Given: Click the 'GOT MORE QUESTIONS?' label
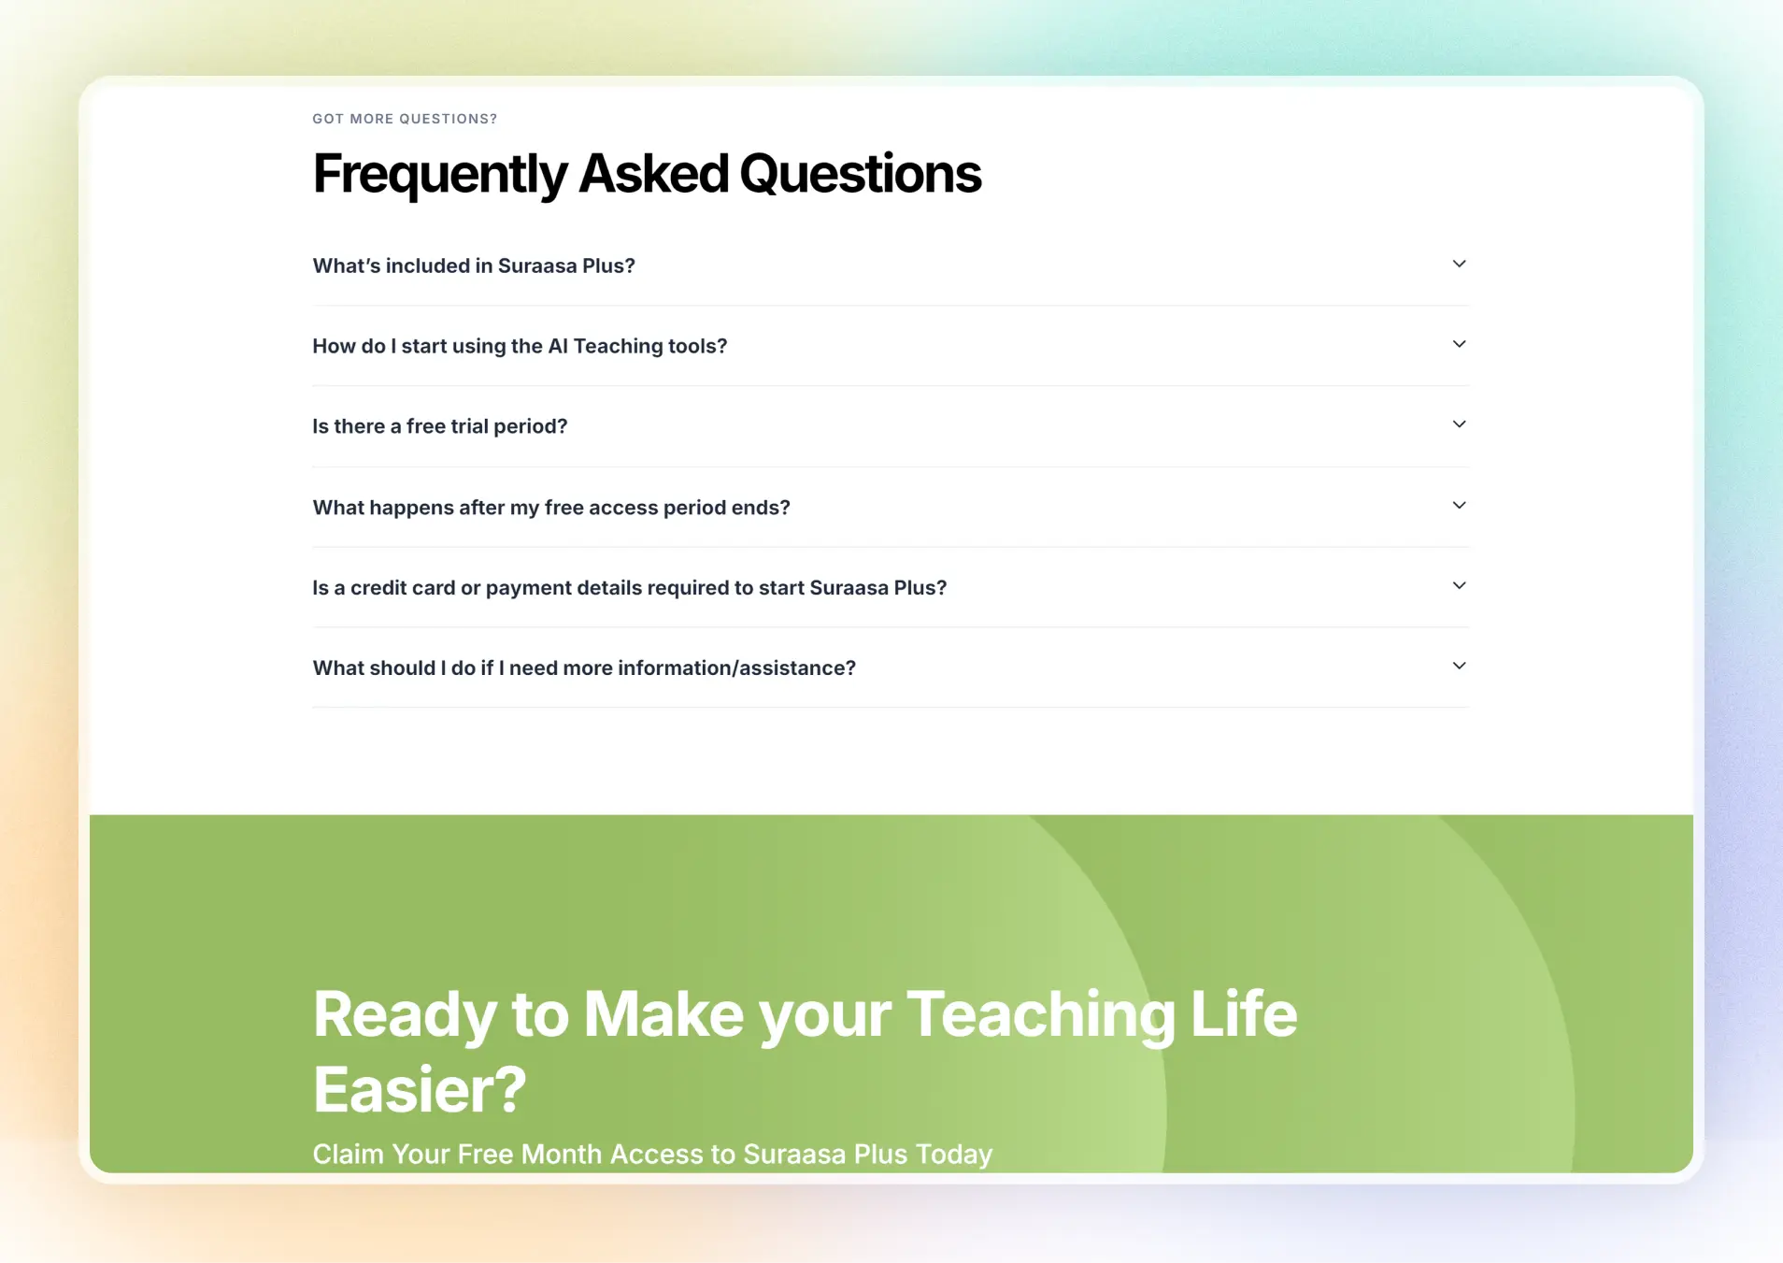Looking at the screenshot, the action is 405,119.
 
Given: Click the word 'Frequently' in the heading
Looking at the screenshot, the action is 440,175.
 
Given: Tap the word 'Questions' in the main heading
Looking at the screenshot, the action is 861,174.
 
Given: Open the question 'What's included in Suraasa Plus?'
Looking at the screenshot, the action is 474,266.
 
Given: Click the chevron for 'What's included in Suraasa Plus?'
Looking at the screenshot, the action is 1459,264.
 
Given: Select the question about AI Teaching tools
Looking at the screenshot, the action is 520,346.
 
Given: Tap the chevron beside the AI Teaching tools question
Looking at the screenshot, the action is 1459,344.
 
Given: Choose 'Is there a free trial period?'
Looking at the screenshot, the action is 440,426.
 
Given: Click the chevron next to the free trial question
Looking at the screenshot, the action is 1459,424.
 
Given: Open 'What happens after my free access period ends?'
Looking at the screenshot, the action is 551,508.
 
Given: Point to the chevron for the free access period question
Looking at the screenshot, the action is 1459,505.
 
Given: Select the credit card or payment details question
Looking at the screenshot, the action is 630,588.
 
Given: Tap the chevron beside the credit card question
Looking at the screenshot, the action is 1459,585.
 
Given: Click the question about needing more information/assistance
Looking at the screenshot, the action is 584,668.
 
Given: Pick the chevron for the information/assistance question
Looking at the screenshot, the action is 1459,666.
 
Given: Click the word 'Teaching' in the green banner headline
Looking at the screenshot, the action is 1041,1016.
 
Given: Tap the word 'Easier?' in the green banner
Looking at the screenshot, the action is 420,1090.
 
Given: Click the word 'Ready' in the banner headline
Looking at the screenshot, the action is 405,1016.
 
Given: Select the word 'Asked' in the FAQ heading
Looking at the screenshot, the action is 653,174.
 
